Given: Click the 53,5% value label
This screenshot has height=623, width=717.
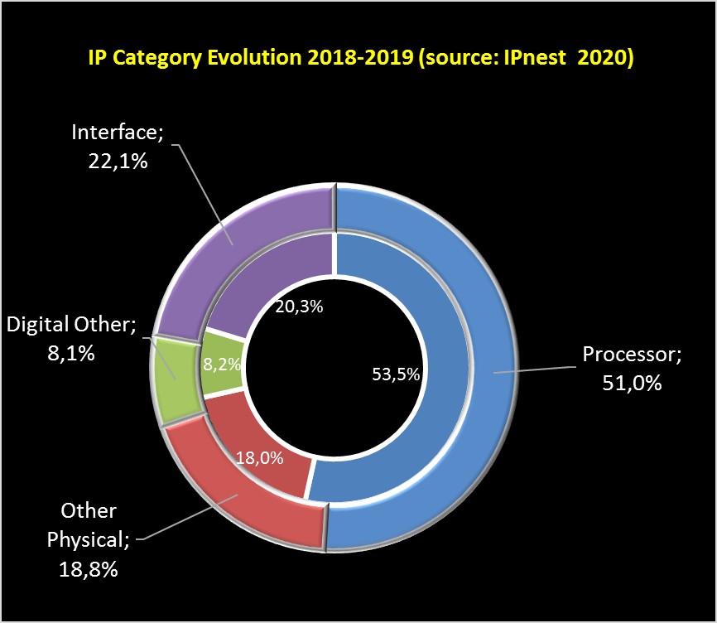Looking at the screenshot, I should [x=396, y=374].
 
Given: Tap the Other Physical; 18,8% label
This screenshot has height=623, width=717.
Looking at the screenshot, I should [x=88, y=539].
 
